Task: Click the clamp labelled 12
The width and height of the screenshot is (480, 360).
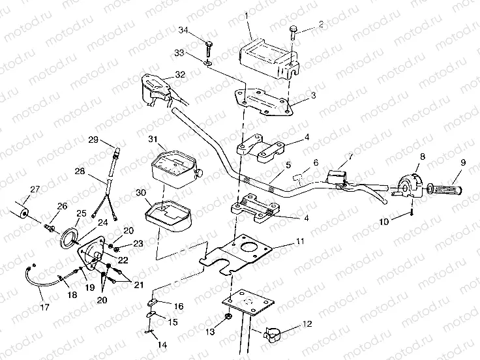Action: tap(273, 337)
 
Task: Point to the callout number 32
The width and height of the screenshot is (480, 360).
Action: tap(181, 74)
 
